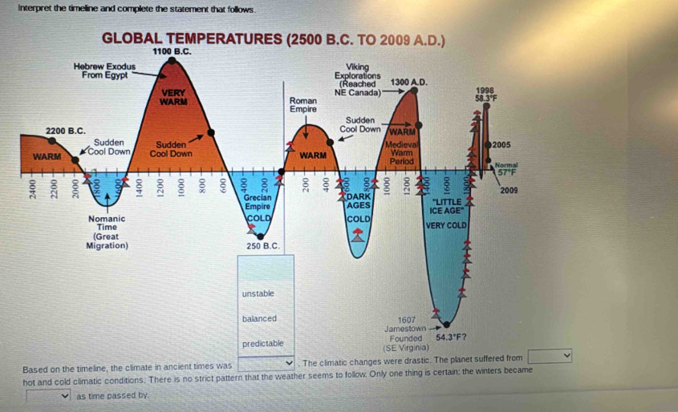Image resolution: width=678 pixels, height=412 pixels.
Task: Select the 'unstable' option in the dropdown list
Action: pyautogui.click(x=258, y=293)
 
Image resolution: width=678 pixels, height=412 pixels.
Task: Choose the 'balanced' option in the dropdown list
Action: pyautogui.click(x=259, y=318)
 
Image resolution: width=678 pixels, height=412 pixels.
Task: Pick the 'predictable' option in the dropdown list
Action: pyautogui.click(x=262, y=343)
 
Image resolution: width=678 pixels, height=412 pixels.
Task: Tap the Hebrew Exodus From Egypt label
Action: pyautogui.click(x=104, y=70)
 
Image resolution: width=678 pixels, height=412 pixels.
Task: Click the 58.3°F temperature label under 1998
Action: pyautogui.click(x=483, y=98)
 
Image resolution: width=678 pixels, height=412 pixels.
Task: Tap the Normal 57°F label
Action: pyautogui.click(x=505, y=167)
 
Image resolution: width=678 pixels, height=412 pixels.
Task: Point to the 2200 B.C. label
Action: pyautogui.click(x=66, y=130)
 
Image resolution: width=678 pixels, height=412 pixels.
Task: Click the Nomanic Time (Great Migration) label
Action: pyautogui.click(x=107, y=232)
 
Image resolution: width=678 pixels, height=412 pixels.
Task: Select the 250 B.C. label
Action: pyautogui.click(x=262, y=244)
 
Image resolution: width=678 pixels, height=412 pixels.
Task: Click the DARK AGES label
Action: pyautogui.click(x=359, y=200)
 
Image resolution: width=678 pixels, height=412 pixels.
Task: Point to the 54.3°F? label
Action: pyautogui.click(x=452, y=337)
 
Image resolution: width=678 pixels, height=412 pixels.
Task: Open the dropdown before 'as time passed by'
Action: pyautogui.click(x=49, y=394)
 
